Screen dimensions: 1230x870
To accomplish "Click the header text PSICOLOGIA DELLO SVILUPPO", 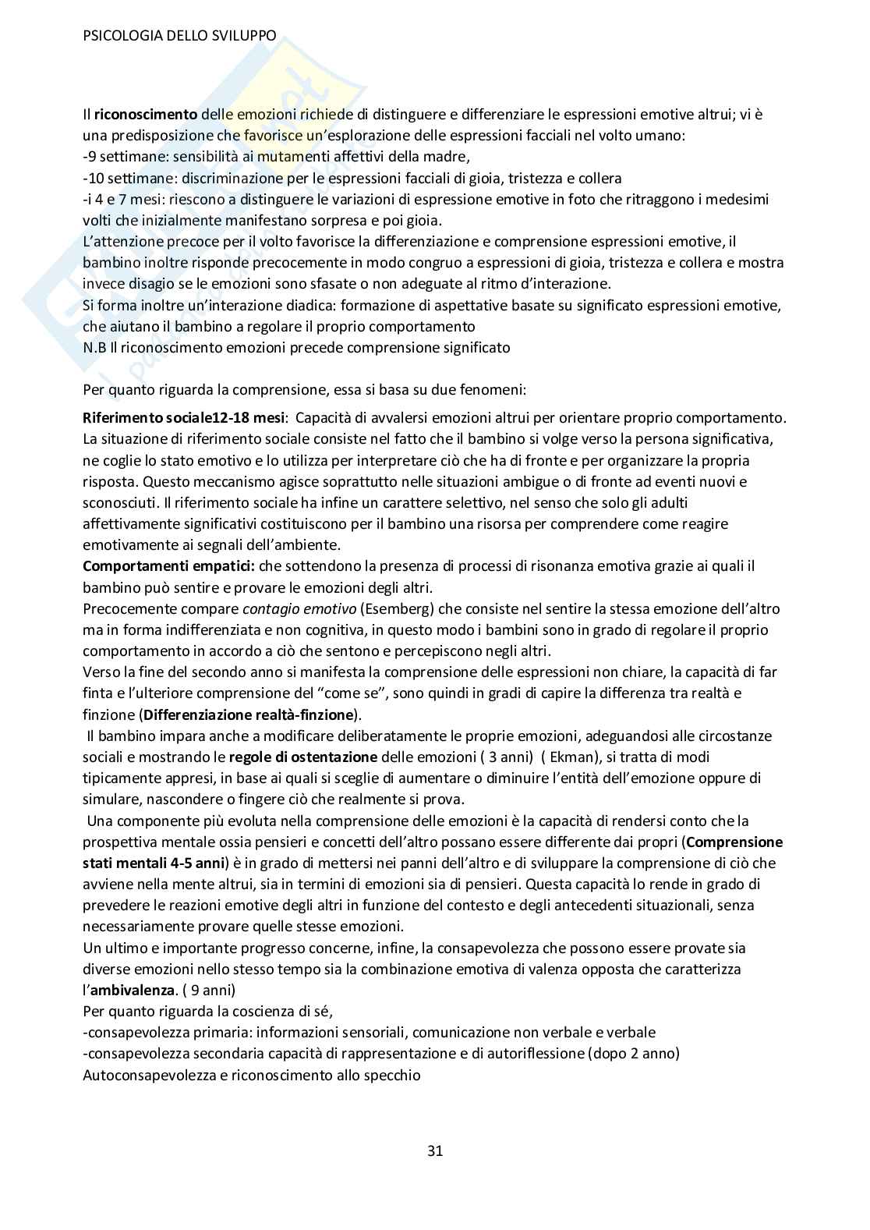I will click(x=179, y=36).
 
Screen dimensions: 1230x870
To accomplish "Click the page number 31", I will click(x=435, y=1150).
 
